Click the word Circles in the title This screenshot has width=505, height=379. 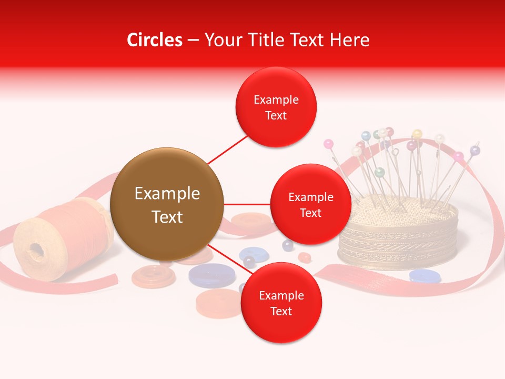click(x=154, y=40)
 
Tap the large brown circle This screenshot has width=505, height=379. click(x=167, y=204)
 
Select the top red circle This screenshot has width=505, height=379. click(x=276, y=107)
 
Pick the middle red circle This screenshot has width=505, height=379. click(x=310, y=204)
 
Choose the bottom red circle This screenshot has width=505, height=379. click(x=281, y=303)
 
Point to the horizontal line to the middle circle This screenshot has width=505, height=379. click(x=247, y=204)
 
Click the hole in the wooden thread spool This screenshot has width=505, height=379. click(x=36, y=251)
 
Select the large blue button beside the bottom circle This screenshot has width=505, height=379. click(x=209, y=275)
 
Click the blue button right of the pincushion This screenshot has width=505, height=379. click(x=425, y=275)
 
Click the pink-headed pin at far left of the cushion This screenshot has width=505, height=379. click(x=329, y=143)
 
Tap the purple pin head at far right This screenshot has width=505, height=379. click(x=475, y=151)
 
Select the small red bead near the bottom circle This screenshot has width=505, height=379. click(x=305, y=257)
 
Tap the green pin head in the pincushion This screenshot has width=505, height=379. click(x=379, y=172)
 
